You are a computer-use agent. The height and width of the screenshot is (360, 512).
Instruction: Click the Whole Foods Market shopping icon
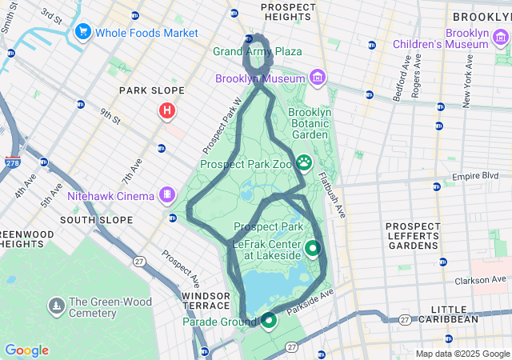coord(82,33)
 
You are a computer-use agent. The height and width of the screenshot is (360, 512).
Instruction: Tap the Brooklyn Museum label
coord(260,78)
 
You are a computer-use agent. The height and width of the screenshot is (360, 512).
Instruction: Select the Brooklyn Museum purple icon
coord(318,78)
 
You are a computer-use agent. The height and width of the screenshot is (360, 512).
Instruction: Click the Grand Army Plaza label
coord(258,52)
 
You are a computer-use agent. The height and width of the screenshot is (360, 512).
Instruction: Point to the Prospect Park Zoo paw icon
coord(305,163)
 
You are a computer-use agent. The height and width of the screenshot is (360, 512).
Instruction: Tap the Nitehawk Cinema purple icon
coord(166,194)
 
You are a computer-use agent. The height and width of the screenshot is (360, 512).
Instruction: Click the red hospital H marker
coord(166,110)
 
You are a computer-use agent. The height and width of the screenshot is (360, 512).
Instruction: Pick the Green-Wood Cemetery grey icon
coord(56,306)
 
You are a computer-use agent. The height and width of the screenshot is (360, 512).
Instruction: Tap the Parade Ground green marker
coord(268,321)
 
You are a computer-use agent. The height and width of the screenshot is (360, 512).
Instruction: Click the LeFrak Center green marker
coord(312,248)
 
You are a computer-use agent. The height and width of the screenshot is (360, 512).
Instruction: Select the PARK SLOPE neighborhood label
coord(152,91)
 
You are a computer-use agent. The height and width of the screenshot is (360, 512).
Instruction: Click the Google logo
coord(26,350)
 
